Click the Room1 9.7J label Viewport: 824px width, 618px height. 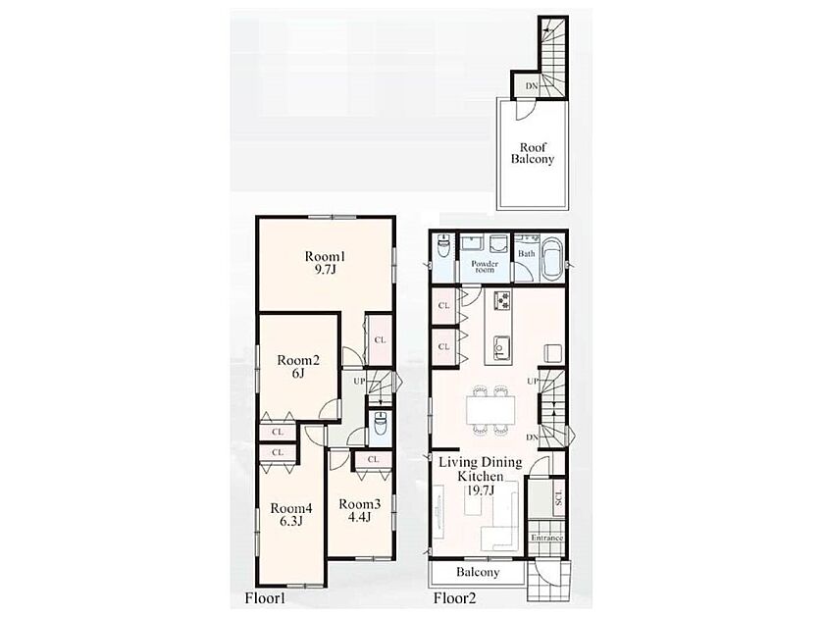click(326, 263)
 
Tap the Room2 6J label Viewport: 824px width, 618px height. click(298, 367)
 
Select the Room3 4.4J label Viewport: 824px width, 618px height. click(359, 510)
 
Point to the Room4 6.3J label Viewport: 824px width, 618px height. click(291, 514)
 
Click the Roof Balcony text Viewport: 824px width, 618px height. click(533, 153)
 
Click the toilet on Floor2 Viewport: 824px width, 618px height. click(444, 247)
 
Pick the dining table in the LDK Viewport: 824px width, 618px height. click(491, 409)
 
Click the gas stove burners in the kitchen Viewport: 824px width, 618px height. click(502, 300)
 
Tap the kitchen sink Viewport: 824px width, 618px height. click(501, 345)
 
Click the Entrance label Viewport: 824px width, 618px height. click(546, 538)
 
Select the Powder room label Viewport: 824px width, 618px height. click(485, 267)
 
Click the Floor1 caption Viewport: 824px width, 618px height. click(264, 598)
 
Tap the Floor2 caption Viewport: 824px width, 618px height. click(454, 598)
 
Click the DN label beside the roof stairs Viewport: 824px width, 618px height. click(532, 85)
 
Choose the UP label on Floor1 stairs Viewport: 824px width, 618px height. click(359, 381)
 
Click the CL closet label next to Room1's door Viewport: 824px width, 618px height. click(380, 340)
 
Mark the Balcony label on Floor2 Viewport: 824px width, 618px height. click(478, 572)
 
